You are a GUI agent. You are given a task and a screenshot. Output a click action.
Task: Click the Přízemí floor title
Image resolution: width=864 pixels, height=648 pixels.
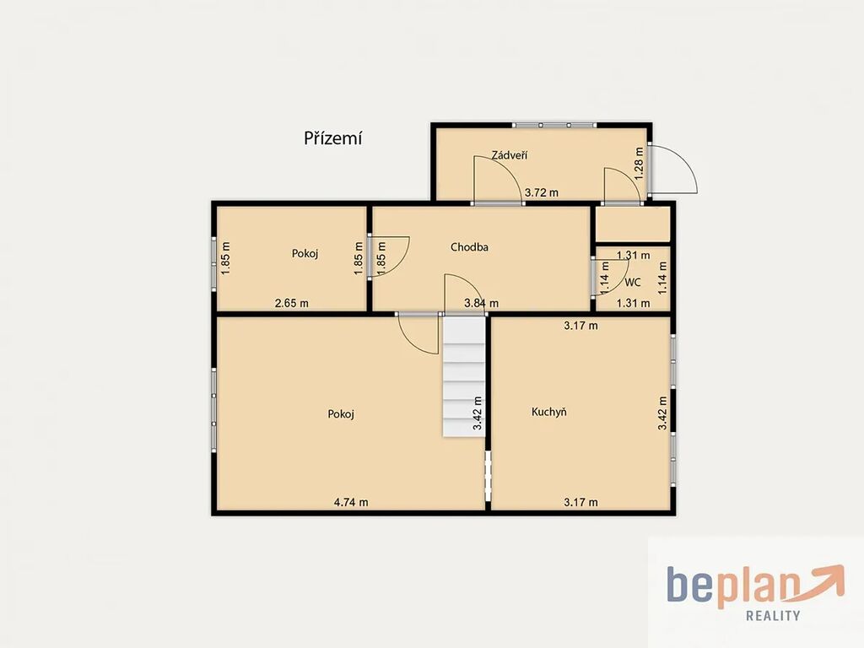point(332,138)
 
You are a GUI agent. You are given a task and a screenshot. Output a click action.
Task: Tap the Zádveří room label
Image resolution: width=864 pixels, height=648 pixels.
point(509,155)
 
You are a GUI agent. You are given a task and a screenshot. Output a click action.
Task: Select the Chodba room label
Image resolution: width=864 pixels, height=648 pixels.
point(469,247)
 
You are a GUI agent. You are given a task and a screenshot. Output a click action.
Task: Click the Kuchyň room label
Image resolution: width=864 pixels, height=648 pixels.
point(548,412)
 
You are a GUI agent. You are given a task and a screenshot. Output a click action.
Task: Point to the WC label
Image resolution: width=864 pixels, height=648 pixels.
point(633,282)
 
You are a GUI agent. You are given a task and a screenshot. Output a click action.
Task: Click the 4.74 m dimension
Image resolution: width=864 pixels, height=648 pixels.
point(351,502)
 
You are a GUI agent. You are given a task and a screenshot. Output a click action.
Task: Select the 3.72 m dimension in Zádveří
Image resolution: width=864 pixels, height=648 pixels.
point(541,192)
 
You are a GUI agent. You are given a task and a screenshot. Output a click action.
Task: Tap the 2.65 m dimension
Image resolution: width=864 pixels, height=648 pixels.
point(291,303)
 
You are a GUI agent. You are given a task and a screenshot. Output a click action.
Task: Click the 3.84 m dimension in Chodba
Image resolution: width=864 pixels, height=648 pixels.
point(482,303)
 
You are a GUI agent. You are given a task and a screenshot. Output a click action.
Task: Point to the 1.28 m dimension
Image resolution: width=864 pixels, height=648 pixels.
point(640,163)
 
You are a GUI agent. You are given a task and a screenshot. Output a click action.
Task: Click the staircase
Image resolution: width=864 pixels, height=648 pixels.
point(464,376)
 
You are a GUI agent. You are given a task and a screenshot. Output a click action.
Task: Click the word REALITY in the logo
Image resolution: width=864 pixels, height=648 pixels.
point(773,615)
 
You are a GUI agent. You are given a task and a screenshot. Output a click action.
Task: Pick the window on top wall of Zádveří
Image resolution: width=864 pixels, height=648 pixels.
point(553,125)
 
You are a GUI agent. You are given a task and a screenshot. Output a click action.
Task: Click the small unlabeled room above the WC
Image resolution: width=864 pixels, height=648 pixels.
point(633,224)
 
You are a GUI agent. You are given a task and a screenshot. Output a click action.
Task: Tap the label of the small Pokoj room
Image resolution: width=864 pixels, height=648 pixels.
point(305,253)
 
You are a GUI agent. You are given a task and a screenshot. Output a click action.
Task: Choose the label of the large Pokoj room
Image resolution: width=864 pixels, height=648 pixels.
point(341,413)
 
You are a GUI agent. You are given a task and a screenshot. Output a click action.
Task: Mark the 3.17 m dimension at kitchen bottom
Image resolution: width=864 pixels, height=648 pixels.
point(580,502)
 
